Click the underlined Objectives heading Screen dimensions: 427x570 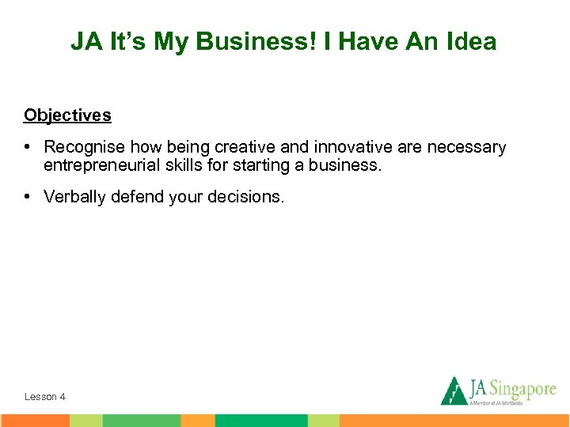click(x=67, y=115)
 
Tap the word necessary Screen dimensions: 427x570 click(x=466, y=148)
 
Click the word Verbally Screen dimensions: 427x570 click(x=75, y=197)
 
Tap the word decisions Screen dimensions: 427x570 click(x=245, y=197)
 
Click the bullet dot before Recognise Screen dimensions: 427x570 click(x=28, y=148)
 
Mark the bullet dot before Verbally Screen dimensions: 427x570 click(x=28, y=197)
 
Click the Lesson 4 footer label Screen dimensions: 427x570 click(x=45, y=397)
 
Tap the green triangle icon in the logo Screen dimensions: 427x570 click(x=454, y=391)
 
